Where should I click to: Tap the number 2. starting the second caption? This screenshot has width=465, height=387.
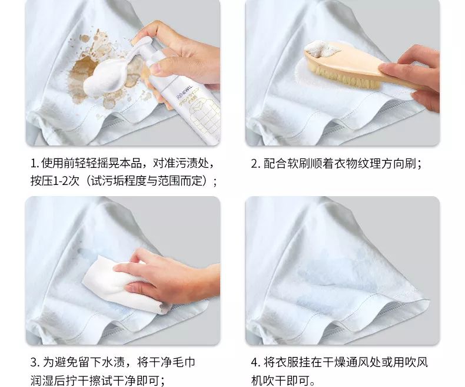click(255, 163)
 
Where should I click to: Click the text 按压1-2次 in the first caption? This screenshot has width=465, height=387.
click(56, 181)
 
